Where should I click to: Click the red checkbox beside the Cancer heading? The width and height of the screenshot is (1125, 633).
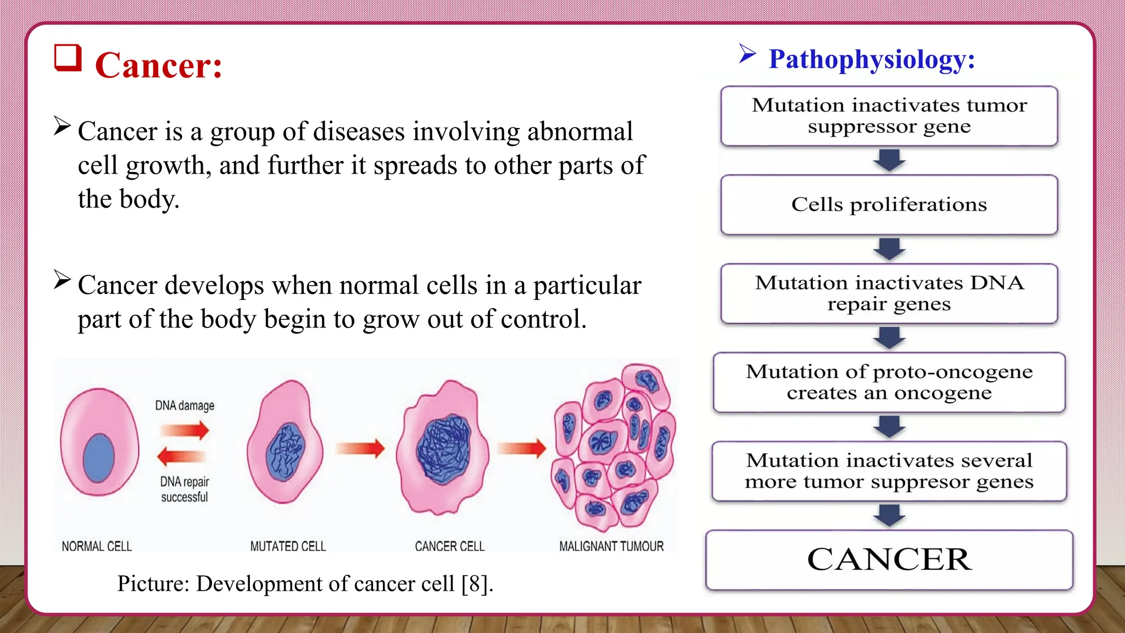[68, 58]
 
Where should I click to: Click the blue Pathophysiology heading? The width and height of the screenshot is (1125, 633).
[871, 59]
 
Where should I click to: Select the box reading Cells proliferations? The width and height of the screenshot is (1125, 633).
[889, 204]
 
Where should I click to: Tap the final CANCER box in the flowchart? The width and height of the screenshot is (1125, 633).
[889, 559]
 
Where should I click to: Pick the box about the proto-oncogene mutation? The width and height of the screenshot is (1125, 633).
[889, 382]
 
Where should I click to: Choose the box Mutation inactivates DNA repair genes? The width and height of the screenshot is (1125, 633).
[889, 293]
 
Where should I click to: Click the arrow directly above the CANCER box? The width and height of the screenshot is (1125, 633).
[889, 515]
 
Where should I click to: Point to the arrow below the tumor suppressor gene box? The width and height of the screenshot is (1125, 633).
[889, 160]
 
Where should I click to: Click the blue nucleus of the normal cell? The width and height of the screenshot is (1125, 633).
[99, 457]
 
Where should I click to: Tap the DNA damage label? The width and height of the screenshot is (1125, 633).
[185, 406]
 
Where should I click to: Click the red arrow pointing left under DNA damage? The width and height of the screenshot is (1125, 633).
[181, 456]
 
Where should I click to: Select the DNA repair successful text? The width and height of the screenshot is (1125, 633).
[185, 489]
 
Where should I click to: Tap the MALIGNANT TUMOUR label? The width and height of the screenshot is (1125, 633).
[611, 546]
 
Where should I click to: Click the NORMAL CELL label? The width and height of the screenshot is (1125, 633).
[97, 546]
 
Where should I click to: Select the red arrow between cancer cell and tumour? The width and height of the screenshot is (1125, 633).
[522, 448]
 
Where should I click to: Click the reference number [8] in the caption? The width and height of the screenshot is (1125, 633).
[474, 584]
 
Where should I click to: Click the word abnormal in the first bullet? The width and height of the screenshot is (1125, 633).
[580, 132]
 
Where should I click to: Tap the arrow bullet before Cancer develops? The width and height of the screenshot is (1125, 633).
[62, 280]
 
